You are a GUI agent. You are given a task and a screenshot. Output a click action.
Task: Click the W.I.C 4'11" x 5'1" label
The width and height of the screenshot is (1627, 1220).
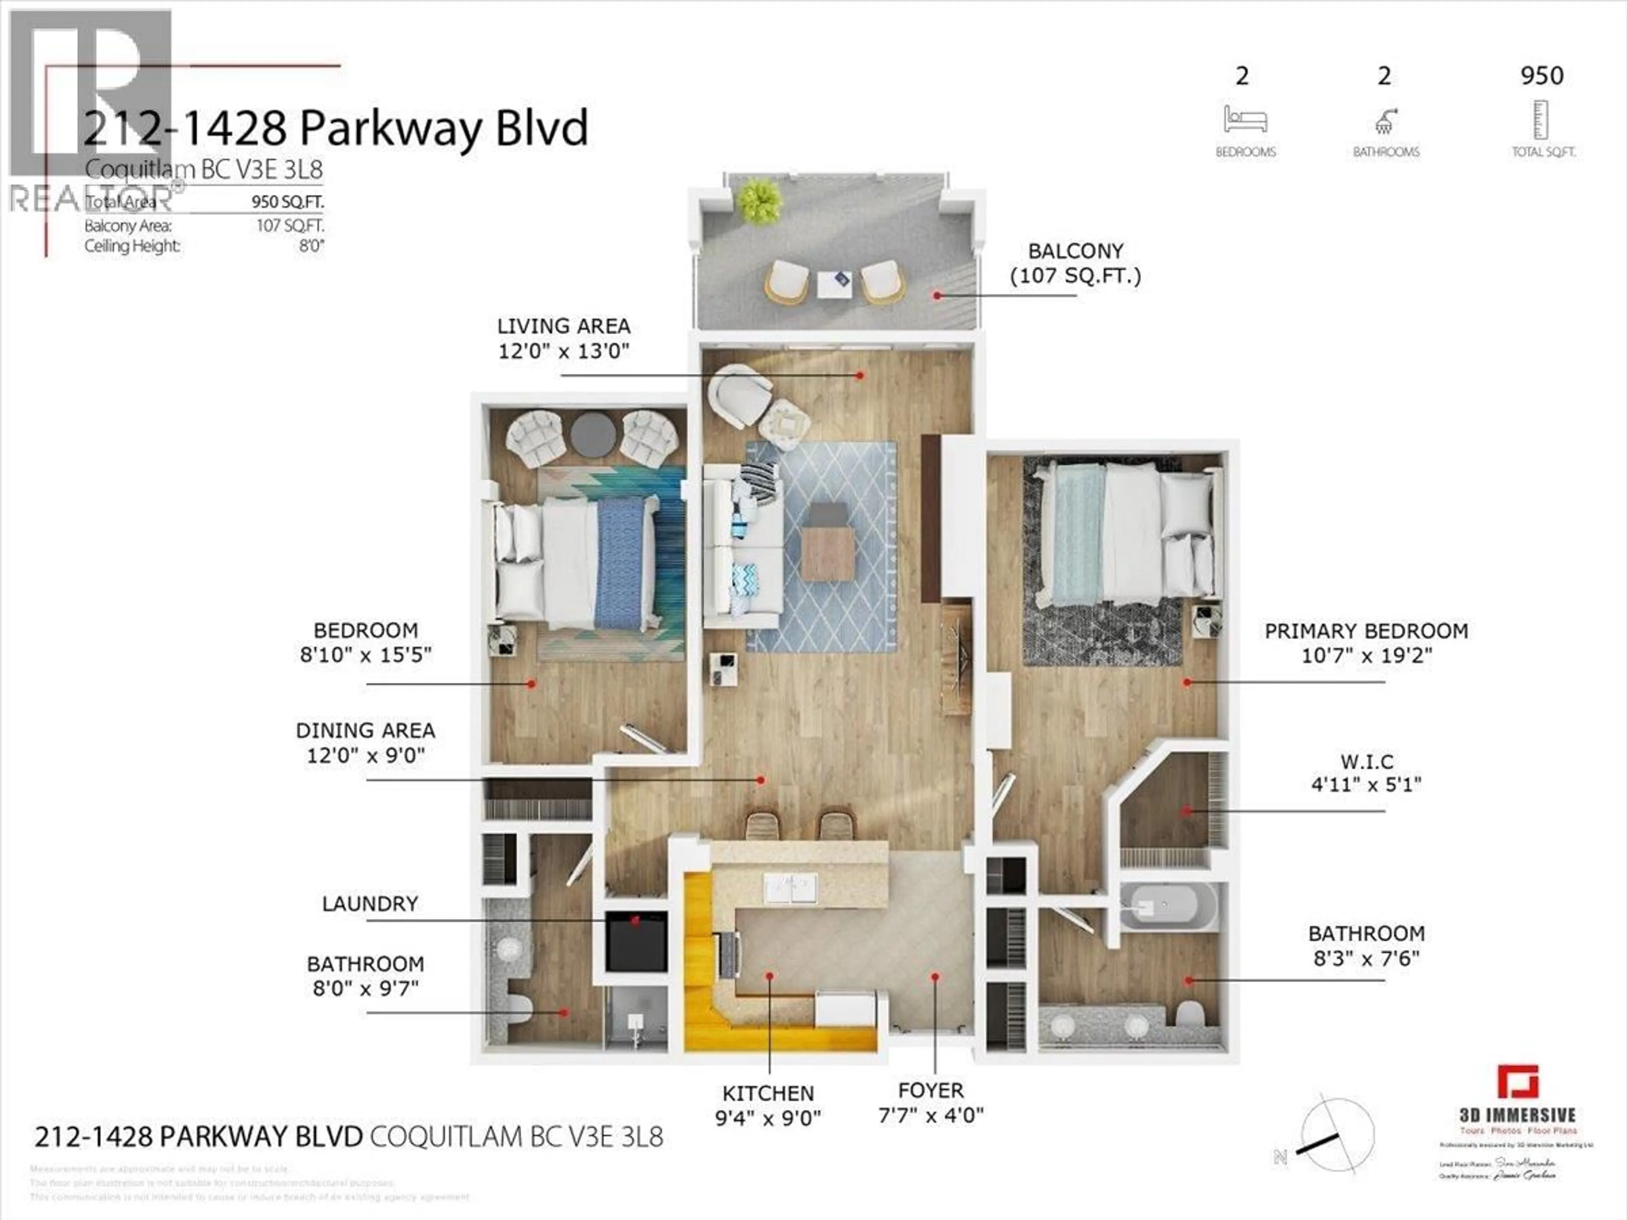1366,773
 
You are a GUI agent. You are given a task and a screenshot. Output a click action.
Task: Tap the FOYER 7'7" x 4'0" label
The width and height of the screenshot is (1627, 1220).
930,1103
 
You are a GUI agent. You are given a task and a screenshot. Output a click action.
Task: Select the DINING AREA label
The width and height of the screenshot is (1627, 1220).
366,743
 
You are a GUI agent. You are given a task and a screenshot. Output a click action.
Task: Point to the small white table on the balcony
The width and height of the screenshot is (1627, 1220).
835,283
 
